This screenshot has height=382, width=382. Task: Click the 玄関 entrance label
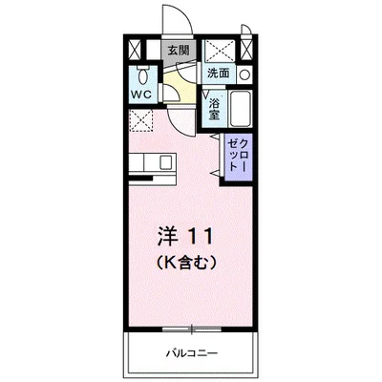[x=179, y=50]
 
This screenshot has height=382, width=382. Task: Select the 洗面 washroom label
[x=218, y=73]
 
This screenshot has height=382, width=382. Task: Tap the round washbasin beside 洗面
[x=244, y=74]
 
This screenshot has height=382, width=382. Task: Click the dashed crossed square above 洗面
[x=221, y=50]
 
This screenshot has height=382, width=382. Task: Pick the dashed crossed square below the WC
[x=140, y=120]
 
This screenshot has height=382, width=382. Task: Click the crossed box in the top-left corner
[x=135, y=50]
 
